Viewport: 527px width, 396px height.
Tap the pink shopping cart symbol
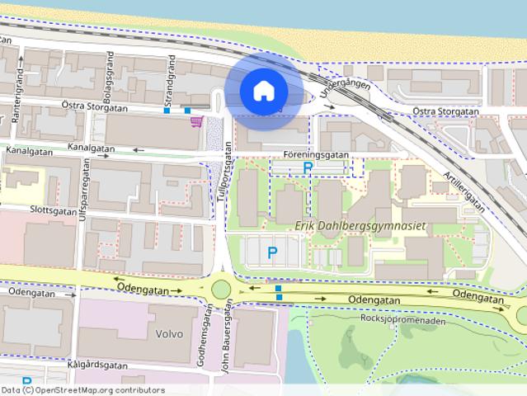tap(195, 122)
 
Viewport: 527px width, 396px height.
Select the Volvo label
tap(168, 334)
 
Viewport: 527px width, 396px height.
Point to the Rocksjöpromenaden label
tap(403, 321)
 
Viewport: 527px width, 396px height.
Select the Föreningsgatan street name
tap(314, 154)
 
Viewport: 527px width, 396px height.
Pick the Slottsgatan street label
tap(29, 210)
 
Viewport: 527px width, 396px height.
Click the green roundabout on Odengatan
tap(220, 289)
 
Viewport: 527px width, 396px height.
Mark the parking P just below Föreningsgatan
tap(308, 167)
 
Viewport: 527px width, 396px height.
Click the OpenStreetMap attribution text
tap(82, 390)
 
